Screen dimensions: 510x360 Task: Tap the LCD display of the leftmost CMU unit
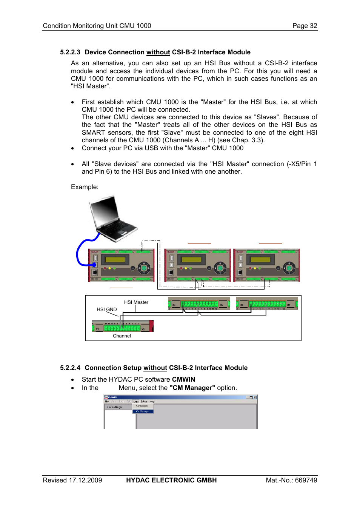pos(115,260)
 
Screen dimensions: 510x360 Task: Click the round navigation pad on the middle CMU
pos(220,268)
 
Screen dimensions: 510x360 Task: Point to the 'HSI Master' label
pos(136,302)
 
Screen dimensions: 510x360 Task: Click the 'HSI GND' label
pos(106,309)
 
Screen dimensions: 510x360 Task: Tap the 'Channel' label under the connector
pos(122,336)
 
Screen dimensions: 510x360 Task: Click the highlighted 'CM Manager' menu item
pos(143,411)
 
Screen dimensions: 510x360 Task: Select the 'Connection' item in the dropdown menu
pos(142,406)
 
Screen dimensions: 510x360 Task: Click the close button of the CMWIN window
pos(255,397)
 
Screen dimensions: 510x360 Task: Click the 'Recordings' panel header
pos(114,407)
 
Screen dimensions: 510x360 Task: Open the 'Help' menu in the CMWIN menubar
pos(152,402)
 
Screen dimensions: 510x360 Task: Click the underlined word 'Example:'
pos(85,187)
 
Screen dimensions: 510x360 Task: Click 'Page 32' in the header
pos(305,26)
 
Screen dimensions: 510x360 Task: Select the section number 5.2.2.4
pos(70,368)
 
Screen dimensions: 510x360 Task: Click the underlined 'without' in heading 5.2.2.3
pos(158,52)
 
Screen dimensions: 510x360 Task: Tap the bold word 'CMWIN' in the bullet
pos(183,379)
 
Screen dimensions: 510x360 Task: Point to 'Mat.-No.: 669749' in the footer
pos(291,480)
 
